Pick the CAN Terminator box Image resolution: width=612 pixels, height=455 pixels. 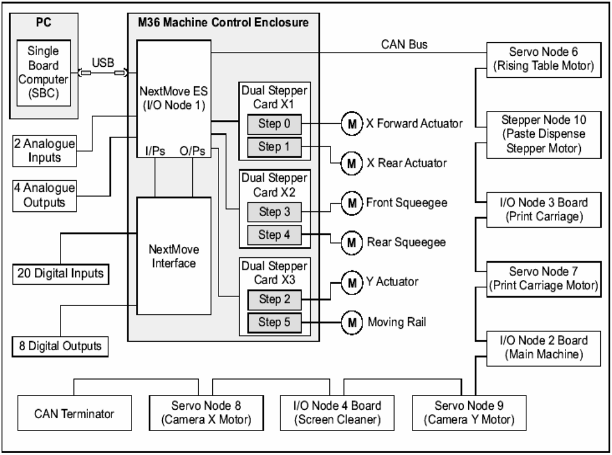pos(75,414)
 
